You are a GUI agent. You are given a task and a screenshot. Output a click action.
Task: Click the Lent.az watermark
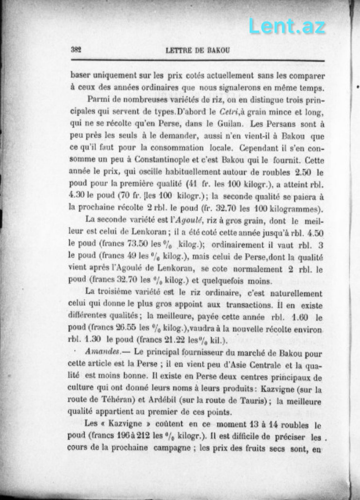coord(287,27)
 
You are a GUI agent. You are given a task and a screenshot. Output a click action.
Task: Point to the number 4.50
coord(315,233)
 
